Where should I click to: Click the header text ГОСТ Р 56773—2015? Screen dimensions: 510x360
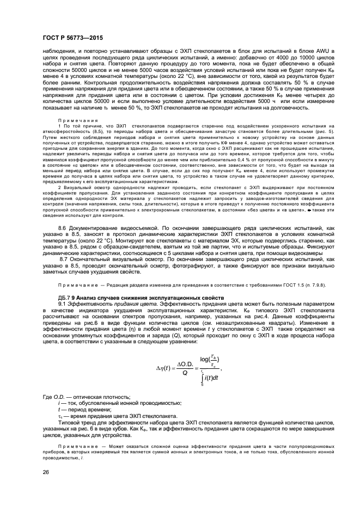point(72,38)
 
